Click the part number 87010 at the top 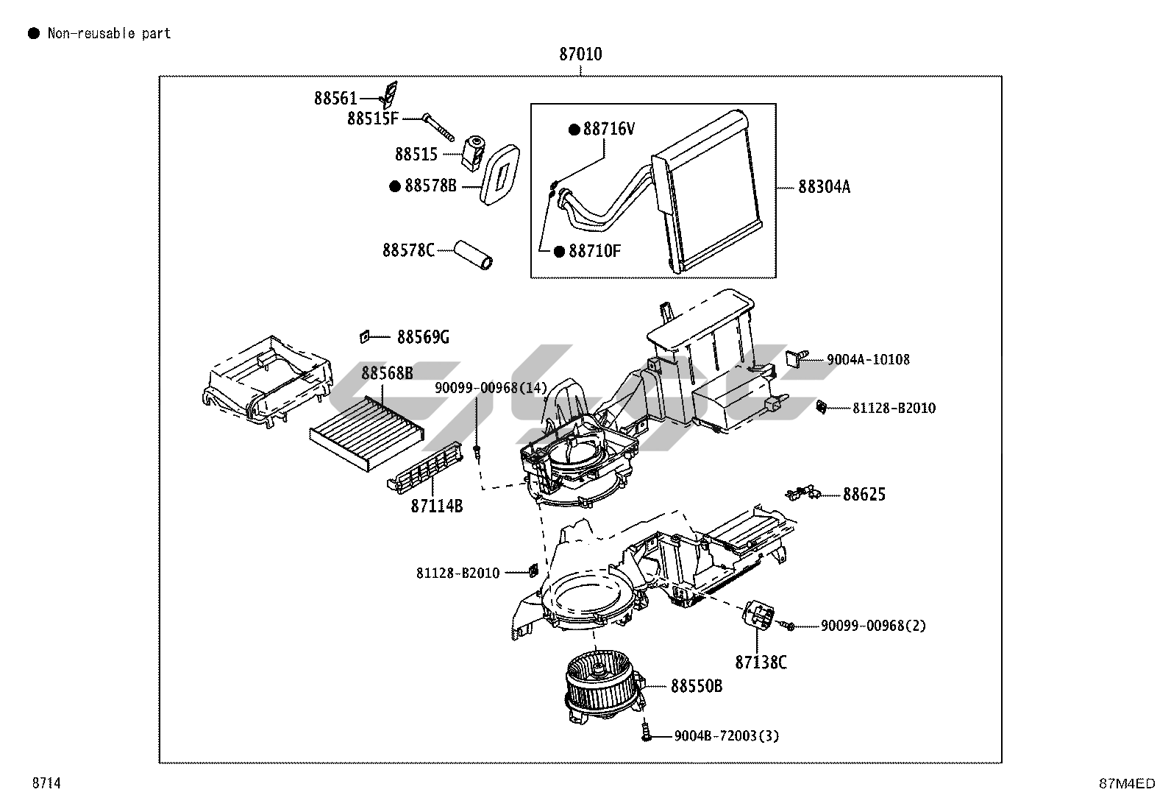(x=580, y=54)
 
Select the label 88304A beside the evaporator (x=824, y=187)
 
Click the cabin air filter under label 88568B (x=367, y=434)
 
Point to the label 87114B (x=436, y=506)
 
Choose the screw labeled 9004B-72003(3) (x=646, y=730)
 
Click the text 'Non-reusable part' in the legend (x=110, y=33)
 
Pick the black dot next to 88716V (x=574, y=130)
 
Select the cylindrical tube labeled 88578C (x=473, y=255)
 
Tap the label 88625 (x=864, y=495)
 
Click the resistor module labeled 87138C (x=759, y=615)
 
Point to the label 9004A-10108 (x=868, y=359)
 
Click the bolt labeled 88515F (x=438, y=127)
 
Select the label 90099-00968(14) (x=491, y=388)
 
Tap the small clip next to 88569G (x=364, y=337)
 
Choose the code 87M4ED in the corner (x=1127, y=783)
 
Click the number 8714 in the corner (x=46, y=782)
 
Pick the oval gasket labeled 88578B (x=499, y=174)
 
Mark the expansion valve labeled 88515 (x=474, y=152)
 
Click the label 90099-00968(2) (x=873, y=625)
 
